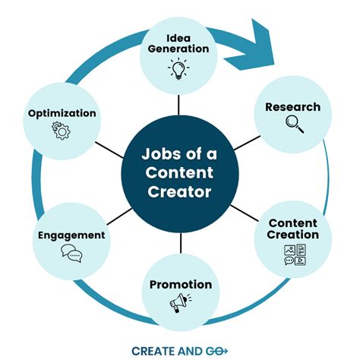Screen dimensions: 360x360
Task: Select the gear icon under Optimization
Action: pyautogui.click(x=61, y=130)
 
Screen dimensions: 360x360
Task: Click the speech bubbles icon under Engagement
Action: pyautogui.click(x=71, y=254)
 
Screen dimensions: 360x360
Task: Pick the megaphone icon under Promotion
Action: pyautogui.click(x=179, y=303)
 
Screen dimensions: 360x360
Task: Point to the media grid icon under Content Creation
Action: pyautogui.click(x=294, y=254)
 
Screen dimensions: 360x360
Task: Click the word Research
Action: pyautogui.click(x=292, y=107)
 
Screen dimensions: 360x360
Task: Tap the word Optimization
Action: pyautogui.click(x=62, y=113)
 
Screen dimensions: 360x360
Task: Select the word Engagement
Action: pyautogui.click(x=71, y=235)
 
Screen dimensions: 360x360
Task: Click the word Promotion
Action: pyautogui.click(x=180, y=285)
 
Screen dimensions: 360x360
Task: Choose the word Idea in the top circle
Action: pyautogui.click(x=180, y=37)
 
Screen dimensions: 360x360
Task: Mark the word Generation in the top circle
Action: pyautogui.click(x=180, y=49)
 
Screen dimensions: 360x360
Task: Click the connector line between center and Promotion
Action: pyautogui.click(x=180, y=243)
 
